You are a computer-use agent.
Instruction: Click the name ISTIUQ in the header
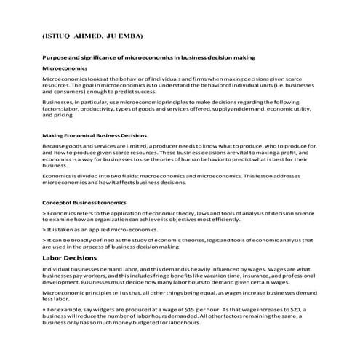coord(60,35)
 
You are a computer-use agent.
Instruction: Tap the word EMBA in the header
coord(131,35)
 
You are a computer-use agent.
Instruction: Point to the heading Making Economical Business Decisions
coord(95,135)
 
